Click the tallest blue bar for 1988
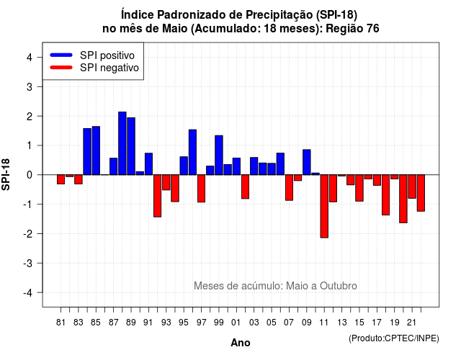point(122,143)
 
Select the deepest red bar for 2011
point(324,206)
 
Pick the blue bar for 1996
point(192,152)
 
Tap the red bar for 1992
point(157,196)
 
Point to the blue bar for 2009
point(307,162)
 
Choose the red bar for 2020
point(403,199)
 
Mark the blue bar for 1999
point(219,155)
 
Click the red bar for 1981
point(61,179)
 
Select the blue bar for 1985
point(96,150)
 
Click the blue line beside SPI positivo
point(61,55)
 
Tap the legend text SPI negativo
point(109,68)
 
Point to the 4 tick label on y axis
point(30,58)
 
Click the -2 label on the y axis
point(27,233)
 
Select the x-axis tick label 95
point(184,323)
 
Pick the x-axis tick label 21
point(411,323)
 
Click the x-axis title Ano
point(241,343)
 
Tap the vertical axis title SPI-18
point(6,174)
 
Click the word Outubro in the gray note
point(339,286)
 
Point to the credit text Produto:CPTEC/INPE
point(394,338)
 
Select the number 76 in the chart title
point(373,29)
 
